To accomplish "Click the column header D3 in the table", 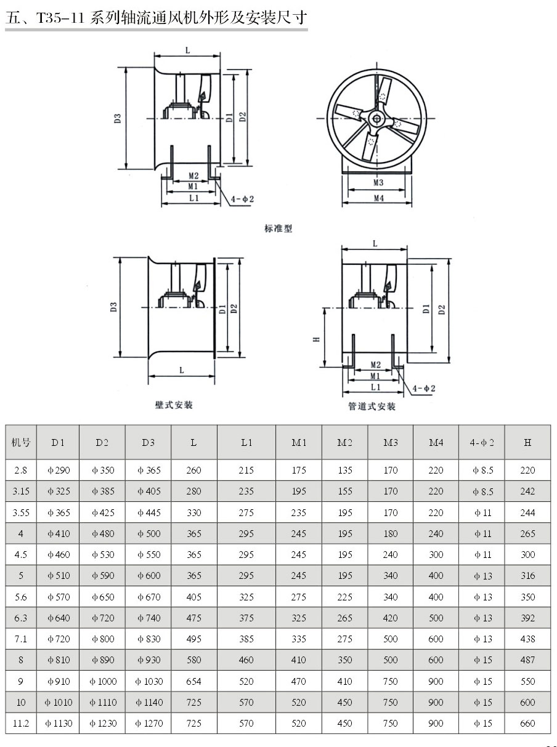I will (148, 442).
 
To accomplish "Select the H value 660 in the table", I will (527, 723).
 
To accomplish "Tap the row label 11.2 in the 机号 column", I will (21, 723).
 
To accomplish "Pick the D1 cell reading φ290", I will (58, 470).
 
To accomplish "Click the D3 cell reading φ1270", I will (148, 723).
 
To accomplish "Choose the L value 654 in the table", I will (194, 681).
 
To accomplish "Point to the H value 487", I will (527, 660).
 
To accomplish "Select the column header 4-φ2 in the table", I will (482, 442).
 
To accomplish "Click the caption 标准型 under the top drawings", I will (278, 228).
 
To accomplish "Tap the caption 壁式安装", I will (174, 405).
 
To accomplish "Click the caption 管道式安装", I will (372, 406).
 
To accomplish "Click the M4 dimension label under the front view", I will (378, 198).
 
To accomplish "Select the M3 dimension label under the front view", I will (378, 182).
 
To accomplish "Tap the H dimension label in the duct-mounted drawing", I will (315, 339).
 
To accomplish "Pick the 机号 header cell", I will (21, 442).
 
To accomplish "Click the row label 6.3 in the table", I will (21, 618).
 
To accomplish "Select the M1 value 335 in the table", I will (299, 639).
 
